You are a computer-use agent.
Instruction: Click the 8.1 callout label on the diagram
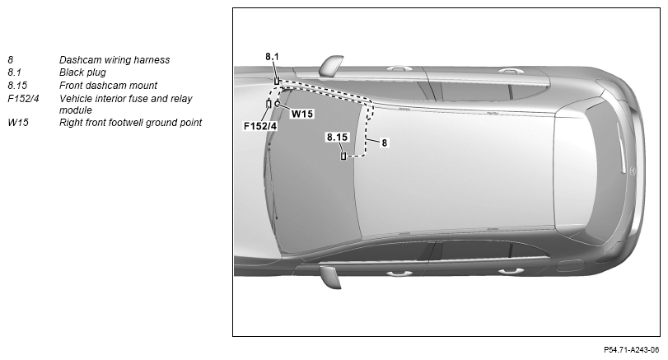coord(272,56)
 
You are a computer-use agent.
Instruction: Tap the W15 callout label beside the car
coord(302,114)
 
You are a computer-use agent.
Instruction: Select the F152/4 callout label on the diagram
coord(260,126)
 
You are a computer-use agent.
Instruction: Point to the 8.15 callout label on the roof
coord(337,138)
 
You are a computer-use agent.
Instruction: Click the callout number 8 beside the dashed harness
coord(385,143)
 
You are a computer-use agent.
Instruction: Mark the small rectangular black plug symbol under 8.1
coord(277,81)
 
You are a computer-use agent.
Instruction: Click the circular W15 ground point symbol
coord(278,103)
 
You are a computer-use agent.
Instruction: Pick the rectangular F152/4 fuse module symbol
coord(269,104)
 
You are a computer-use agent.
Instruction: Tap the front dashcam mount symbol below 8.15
coord(343,156)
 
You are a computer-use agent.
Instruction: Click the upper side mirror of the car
coord(331,64)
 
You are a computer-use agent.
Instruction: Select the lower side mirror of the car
coord(331,277)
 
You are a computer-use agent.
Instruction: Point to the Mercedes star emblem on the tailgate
coord(633,171)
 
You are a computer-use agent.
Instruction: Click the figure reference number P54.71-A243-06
coord(632,350)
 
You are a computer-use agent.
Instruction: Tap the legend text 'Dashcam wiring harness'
coord(114,60)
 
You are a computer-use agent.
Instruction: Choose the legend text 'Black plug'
coord(82,72)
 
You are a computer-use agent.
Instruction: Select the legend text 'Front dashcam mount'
coord(108,86)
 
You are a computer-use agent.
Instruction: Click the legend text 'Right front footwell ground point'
coord(130,123)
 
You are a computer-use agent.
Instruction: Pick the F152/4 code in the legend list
coord(23,99)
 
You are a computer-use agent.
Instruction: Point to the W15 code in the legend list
coord(18,123)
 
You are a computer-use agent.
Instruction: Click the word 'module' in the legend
coord(76,110)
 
